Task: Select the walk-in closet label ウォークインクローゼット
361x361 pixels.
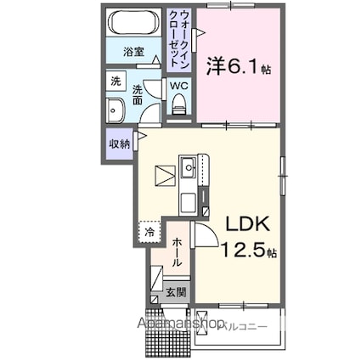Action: click(179, 40)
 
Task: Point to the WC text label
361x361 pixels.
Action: click(178, 86)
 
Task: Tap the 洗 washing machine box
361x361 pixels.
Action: click(115, 82)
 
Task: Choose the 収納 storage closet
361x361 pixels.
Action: click(119, 144)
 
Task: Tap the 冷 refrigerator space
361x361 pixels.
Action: click(149, 230)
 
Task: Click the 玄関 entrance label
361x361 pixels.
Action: click(177, 292)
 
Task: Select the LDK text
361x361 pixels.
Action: click(246, 224)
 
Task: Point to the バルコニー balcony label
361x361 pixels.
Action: click(245, 324)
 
